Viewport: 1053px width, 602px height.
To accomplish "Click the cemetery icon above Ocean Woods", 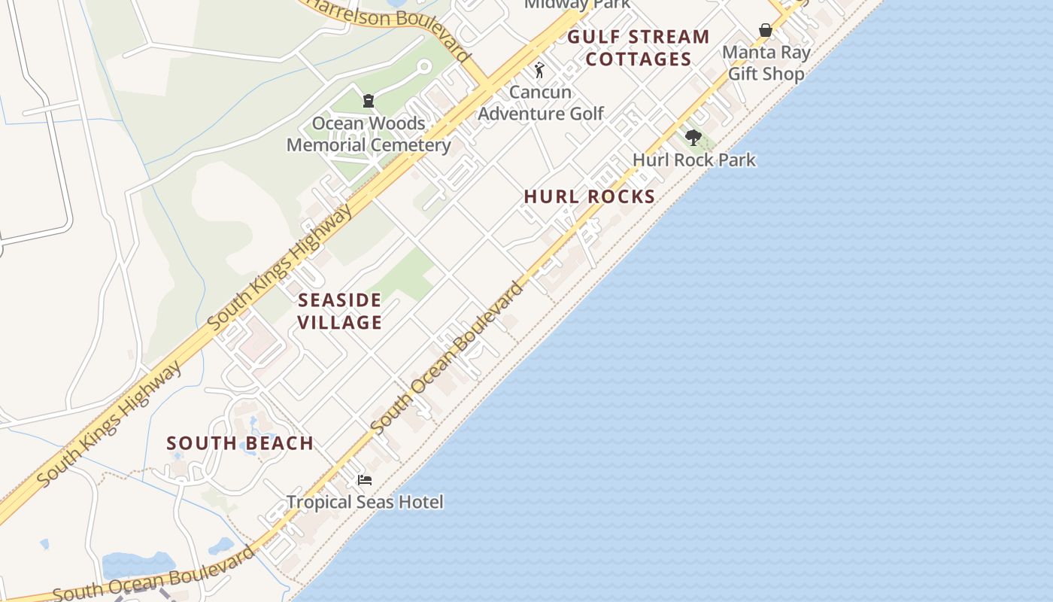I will click(369, 100).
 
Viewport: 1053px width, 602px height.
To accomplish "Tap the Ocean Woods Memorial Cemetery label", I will click(369, 135).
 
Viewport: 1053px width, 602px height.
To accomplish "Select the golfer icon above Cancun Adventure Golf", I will click(539, 70).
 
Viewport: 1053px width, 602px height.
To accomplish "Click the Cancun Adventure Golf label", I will click(541, 103).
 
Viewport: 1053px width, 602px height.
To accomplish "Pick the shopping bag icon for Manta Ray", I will click(765, 30).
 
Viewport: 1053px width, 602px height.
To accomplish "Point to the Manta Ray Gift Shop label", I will click(766, 63).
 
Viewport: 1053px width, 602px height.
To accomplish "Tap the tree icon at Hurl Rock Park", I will click(693, 138).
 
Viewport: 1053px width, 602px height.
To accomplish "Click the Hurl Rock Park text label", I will click(693, 160).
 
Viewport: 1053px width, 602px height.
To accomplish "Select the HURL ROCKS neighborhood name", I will click(589, 197).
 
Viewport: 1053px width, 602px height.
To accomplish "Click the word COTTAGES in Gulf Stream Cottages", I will click(638, 59).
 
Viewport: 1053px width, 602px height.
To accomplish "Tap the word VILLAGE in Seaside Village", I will click(339, 323).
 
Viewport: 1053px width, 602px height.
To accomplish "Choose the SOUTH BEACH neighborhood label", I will click(240, 443).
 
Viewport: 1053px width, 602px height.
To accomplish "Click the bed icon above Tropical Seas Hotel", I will click(365, 480).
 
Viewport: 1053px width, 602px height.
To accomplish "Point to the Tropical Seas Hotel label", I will click(365, 502).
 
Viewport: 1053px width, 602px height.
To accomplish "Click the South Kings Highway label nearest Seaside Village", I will click(280, 268).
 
